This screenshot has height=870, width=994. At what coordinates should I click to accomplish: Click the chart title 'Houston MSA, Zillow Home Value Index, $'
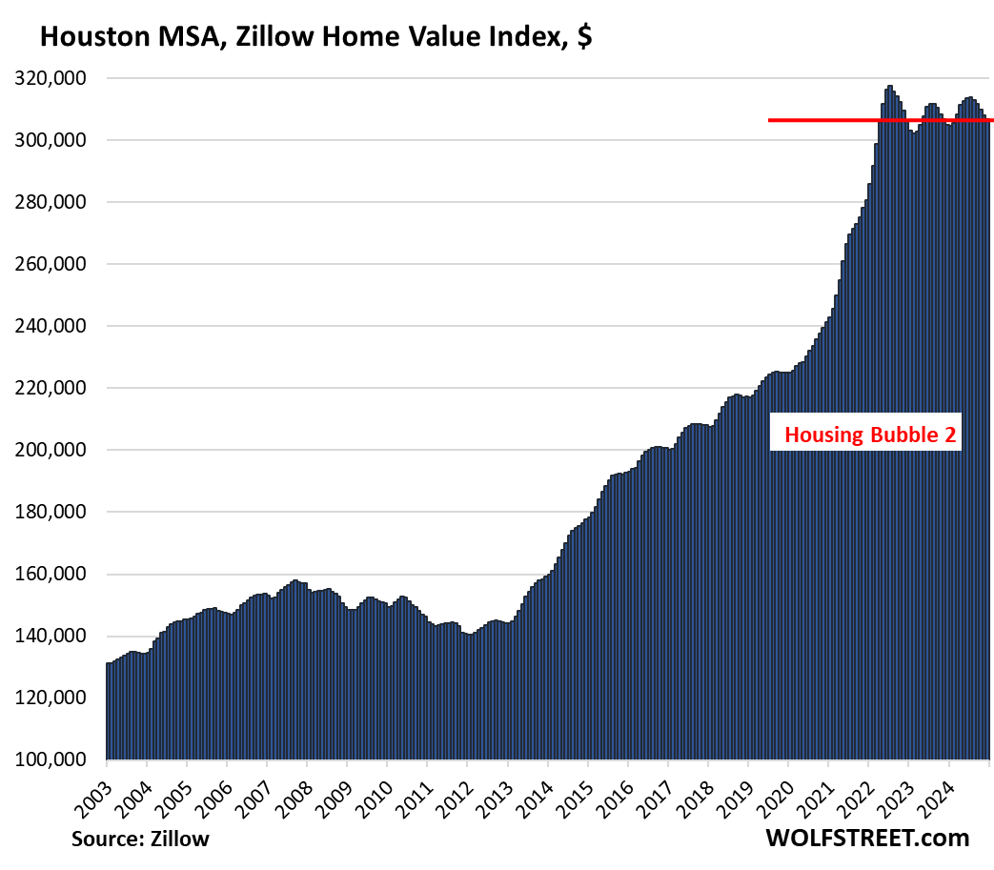pyautogui.click(x=315, y=37)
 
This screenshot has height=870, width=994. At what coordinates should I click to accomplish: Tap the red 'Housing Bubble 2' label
pyautogui.click(x=870, y=436)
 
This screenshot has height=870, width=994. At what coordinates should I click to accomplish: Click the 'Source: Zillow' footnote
pyautogui.click(x=139, y=839)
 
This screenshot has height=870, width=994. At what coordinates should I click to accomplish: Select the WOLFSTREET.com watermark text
pyautogui.click(x=866, y=838)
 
